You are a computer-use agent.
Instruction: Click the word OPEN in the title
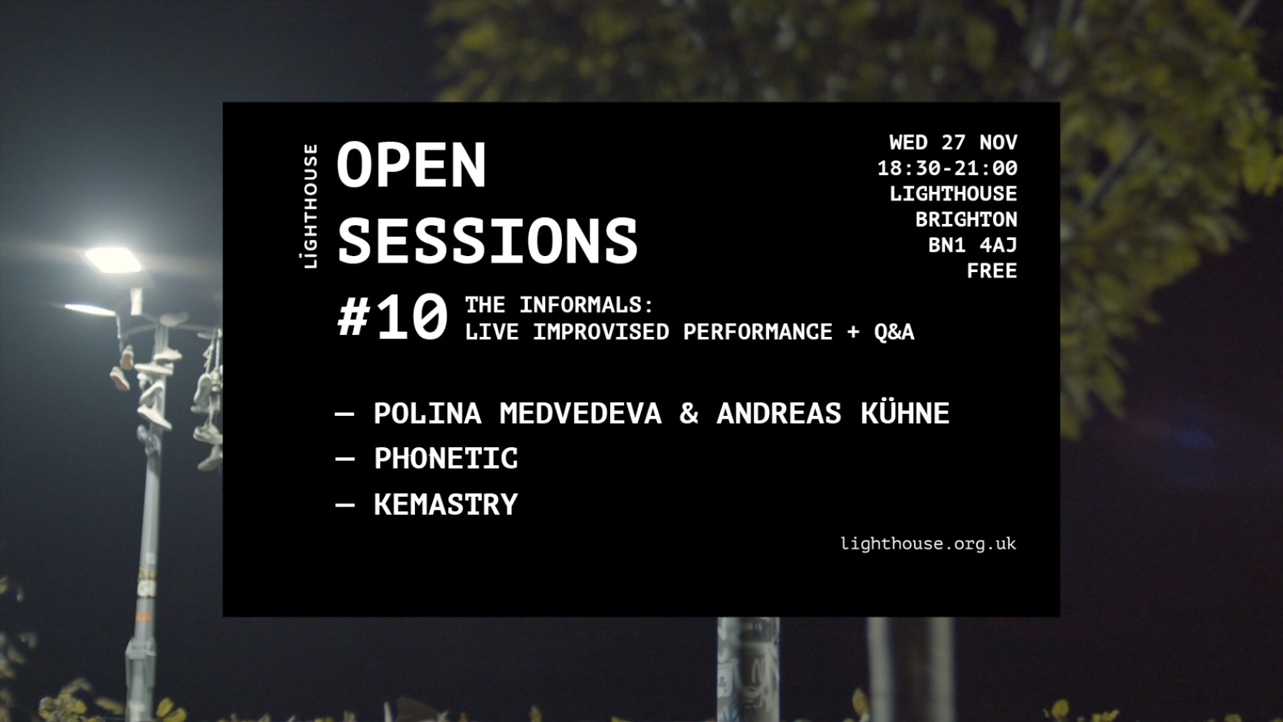pos(411,165)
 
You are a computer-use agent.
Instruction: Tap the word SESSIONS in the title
pos(488,241)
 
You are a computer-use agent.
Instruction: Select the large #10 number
pos(393,316)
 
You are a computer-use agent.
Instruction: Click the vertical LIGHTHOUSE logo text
pos(310,206)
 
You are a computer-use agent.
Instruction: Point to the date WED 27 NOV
pos(953,142)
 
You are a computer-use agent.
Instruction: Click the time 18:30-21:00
pos(947,168)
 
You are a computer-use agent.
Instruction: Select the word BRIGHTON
pos(966,219)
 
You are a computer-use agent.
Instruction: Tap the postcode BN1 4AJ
pos(973,245)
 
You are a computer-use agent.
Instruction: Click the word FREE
pos(992,271)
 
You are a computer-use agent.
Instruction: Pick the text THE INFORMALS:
pos(559,305)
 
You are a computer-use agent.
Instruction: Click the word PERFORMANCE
pos(758,332)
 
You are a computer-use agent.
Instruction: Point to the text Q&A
pos(894,332)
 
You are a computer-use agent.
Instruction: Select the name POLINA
pos(427,413)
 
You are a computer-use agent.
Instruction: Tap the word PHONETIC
pos(446,458)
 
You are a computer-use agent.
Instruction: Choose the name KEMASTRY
pos(446,504)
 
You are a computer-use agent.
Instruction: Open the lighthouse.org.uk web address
pos(928,544)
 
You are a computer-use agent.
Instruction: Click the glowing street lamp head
pos(114,259)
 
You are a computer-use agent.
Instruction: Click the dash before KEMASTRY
pos(344,505)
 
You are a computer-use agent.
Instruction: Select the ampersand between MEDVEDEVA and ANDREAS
pos(689,413)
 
